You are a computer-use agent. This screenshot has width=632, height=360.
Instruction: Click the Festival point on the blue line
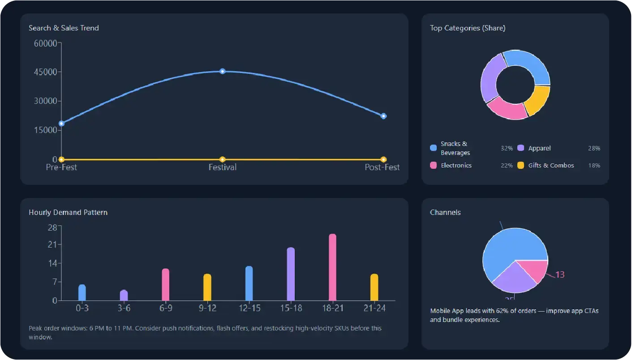pos(223,71)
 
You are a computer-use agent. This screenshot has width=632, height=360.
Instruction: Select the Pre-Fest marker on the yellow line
pos(62,159)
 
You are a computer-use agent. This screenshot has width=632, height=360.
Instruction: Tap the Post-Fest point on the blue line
pos(383,116)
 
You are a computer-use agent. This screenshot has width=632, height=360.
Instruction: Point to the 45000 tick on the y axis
pos(46,72)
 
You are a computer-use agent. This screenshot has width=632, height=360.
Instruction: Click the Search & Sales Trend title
pos(64,28)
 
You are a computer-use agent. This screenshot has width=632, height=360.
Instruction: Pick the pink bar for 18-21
pos(332,267)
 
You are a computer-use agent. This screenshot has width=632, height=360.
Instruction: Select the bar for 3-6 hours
pos(124,296)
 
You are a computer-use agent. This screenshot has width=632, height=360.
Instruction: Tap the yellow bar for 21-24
pos(374,287)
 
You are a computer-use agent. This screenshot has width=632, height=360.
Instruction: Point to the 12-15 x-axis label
pos(249,309)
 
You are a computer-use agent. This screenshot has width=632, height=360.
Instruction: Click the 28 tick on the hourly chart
pos(52,227)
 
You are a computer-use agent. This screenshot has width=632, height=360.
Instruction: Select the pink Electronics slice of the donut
pos(507,110)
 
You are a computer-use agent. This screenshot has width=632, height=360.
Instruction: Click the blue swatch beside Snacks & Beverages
pos(433,148)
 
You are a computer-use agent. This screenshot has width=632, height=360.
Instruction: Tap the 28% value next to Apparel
pos(594,148)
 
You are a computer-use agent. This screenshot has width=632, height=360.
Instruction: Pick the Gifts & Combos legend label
pos(551,165)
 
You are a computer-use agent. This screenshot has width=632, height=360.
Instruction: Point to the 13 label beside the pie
pos(560,274)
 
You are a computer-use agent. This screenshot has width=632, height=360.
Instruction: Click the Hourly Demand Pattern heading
pos(68,212)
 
